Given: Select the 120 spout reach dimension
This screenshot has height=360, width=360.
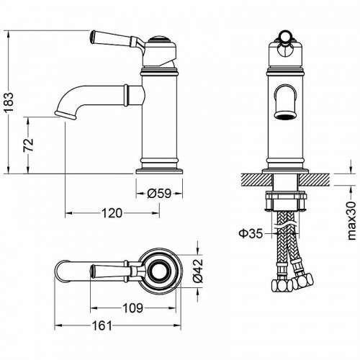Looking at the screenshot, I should (110, 213).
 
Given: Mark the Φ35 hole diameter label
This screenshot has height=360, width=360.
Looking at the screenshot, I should (249, 232).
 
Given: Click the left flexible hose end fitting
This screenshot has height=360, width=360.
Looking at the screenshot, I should (278, 287).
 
